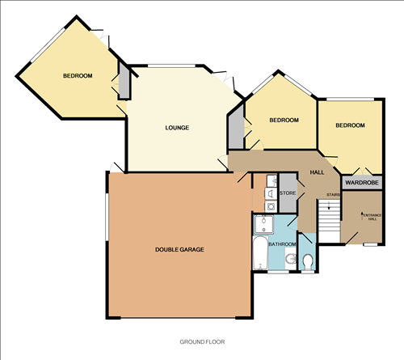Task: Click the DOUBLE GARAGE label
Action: point(179,249)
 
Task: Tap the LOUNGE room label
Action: point(177,128)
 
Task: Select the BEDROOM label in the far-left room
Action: point(78,76)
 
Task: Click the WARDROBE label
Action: point(362,184)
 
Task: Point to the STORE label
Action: point(287,193)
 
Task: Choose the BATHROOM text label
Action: point(282,244)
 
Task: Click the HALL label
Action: point(317,172)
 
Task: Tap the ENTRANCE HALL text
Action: point(371,217)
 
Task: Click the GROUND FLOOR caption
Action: point(201,342)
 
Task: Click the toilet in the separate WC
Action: point(309,260)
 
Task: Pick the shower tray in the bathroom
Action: point(264,223)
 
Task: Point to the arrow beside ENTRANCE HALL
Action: point(360,215)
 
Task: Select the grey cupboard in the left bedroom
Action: point(124,84)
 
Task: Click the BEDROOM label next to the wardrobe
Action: point(350,125)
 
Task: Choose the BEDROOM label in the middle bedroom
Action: point(284,121)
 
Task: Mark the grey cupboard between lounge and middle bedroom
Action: point(234,127)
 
